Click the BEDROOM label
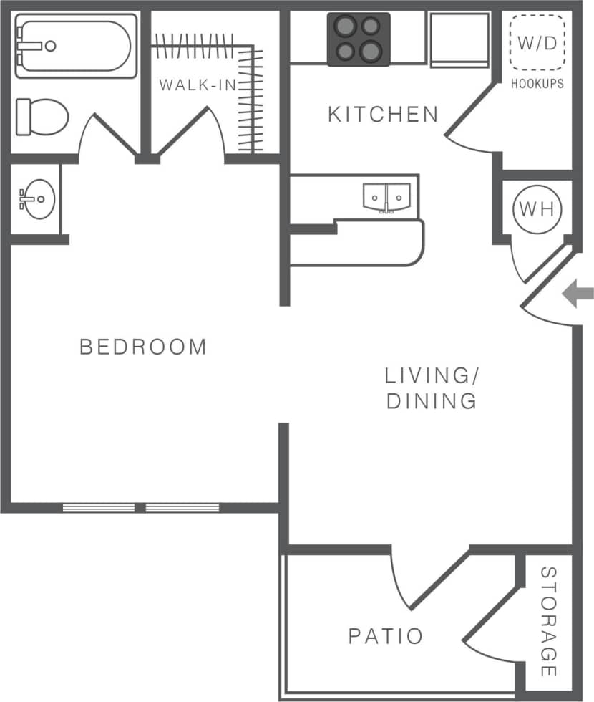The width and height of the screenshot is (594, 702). coord(143,347)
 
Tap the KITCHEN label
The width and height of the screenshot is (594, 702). coord(383,114)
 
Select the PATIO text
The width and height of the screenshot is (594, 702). coord(386,635)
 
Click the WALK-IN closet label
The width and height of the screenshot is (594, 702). coord(188,85)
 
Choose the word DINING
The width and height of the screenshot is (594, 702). coord(432,400)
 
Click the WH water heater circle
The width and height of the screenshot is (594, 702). coord(537,209)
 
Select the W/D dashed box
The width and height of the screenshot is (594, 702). coord(537,42)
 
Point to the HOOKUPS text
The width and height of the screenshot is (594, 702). coord(537,84)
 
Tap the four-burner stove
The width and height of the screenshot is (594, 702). coord(359,39)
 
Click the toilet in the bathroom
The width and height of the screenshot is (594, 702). coord(42,116)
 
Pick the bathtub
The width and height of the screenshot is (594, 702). coord(74,46)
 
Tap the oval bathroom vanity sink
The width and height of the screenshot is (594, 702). coord(36,198)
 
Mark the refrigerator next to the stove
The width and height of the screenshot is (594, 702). coord(459,39)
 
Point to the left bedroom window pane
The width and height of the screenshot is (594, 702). coord(99,508)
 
